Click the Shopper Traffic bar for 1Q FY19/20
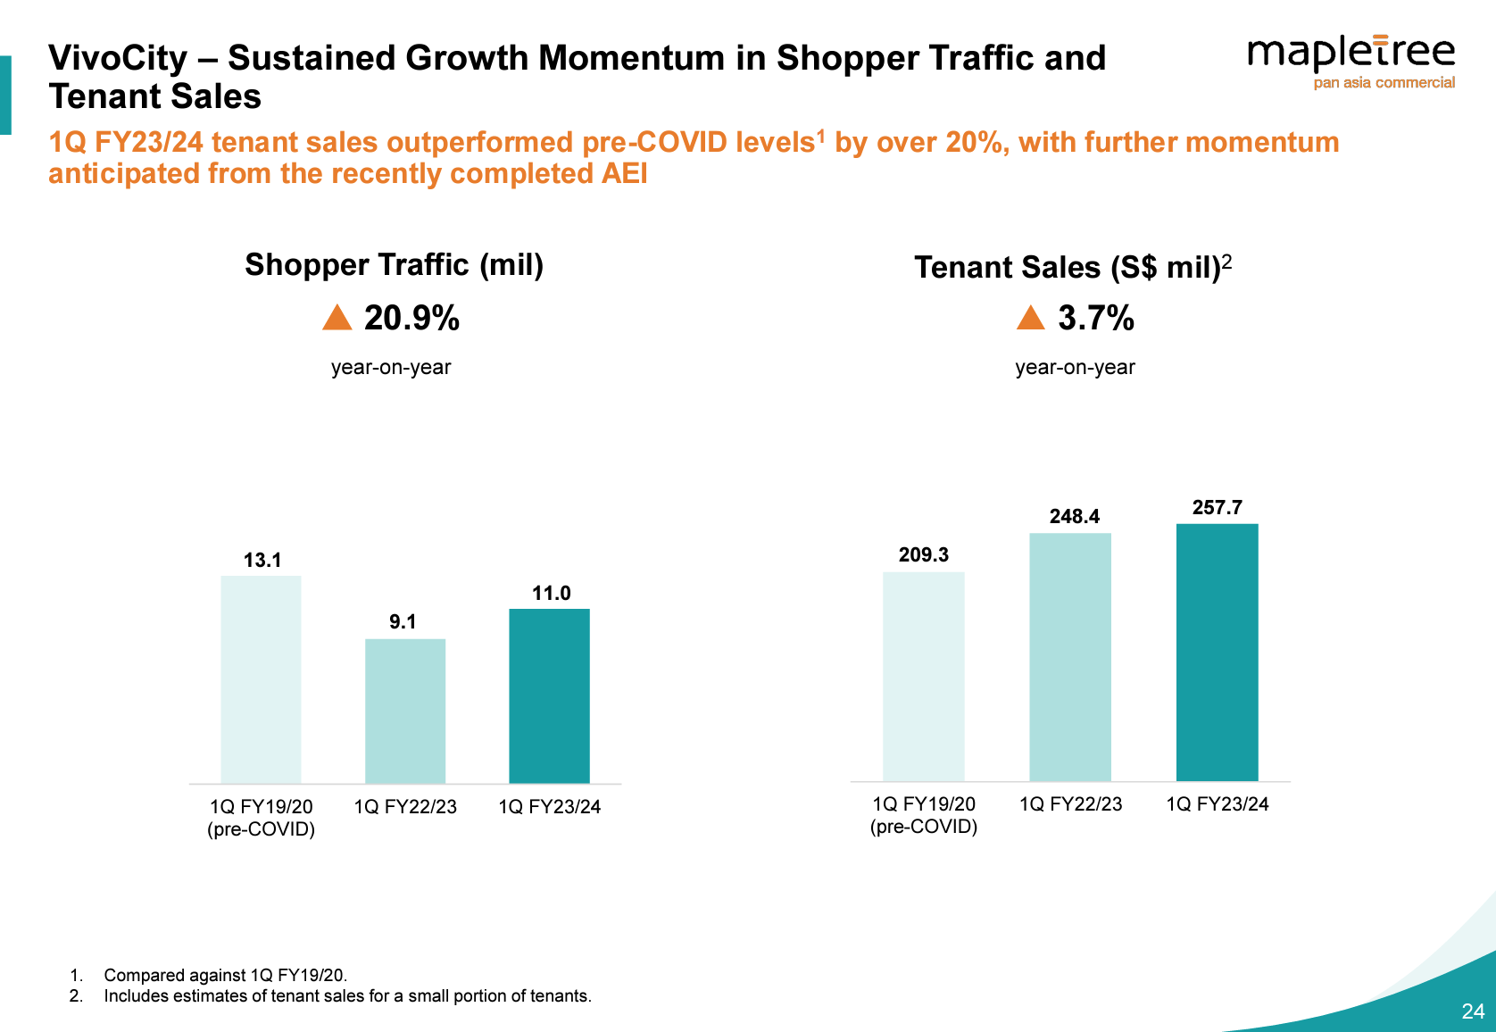pyautogui.click(x=261, y=679)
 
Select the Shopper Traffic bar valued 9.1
pyautogui.click(x=405, y=711)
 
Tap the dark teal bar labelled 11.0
pyautogui.click(x=549, y=695)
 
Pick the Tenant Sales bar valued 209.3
pyautogui.click(x=924, y=676)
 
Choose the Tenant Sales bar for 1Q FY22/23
pyautogui.click(x=1070, y=657)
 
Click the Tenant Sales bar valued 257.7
pyautogui.click(x=1217, y=652)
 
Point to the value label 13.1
pyautogui.click(x=262, y=560)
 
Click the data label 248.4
pyautogui.click(x=1074, y=517)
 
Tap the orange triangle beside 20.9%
pyautogui.click(x=337, y=318)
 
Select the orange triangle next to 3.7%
pyautogui.click(x=1030, y=318)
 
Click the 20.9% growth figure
pyautogui.click(x=411, y=318)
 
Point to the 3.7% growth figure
pyautogui.click(x=1096, y=318)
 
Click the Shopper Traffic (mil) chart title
pyautogui.click(x=394, y=265)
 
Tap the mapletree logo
pyautogui.click(x=1351, y=61)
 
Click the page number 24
pyautogui.click(x=1473, y=1011)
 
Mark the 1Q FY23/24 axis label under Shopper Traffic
pyautogui.click(x=549, y=807)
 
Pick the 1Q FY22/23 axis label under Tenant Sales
pyautogui.click(x=1070, y=804)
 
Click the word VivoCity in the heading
pyautogui.click(x=118, y=58)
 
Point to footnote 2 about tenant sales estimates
pyautogui.click(x=347, y=996)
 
